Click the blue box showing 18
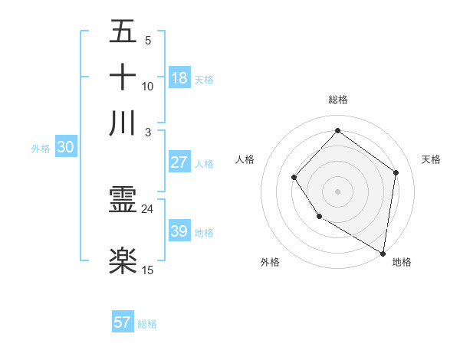[x=179, y=77]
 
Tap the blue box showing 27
[x=179, y=162]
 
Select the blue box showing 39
[x=179, y=231]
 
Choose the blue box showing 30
[x=65, y=148]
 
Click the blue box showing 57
[x=123, y=322]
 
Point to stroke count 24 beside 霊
[x=148, y=209]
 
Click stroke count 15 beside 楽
[x=148, y=270]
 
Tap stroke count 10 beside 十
[x=148, y=86]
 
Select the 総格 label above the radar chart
[x=337, y=100]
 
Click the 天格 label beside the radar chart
[x=431, y=159]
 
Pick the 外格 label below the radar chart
[x=270, y=262]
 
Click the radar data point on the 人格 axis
[x=294, y=178]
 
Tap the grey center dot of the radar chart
[x=337, y=191]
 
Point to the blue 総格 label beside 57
[x=147, y=324]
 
